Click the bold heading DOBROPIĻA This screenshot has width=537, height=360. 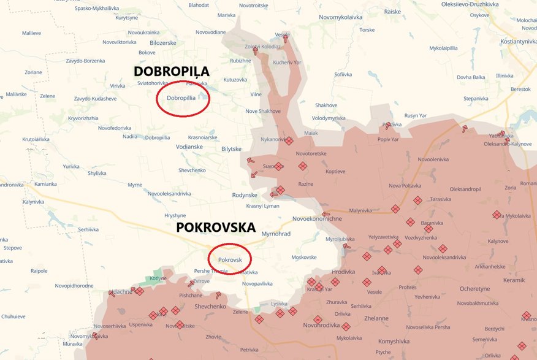tap(172, 71)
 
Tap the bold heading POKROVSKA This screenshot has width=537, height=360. tap(215, 228)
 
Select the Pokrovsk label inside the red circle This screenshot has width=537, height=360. tap(230, 260)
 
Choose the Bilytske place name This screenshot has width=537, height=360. tap(232, 149)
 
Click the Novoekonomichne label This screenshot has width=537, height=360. tap(317, 218)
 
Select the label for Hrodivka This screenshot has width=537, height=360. tap(343, 272)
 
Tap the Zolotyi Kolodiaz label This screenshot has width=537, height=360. tap(263, 47)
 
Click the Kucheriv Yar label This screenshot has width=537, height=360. tap(287, 63)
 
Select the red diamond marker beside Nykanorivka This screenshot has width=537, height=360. tap(289, 140)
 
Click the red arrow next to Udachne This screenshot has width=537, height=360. tap(111, 293)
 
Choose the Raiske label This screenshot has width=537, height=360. tap(392, 12)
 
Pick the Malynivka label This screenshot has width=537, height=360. tap(360, 210)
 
